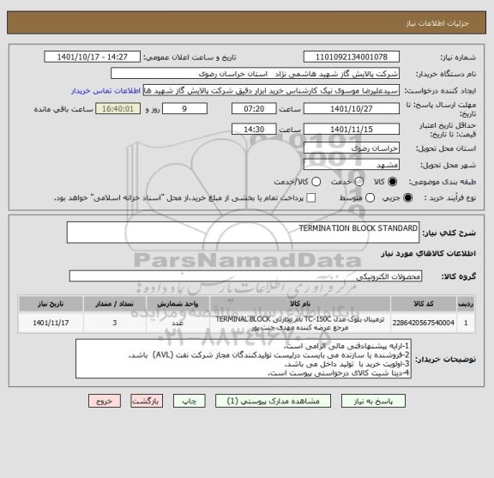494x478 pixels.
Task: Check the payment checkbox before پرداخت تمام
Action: click(310, 198)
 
